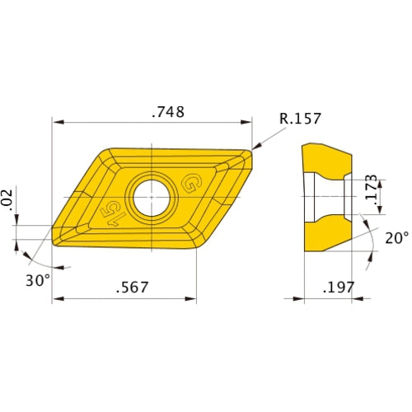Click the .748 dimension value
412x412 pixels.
point(168,112)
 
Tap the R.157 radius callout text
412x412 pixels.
point(300,119)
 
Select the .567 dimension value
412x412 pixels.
point(132,287)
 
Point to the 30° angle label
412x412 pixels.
point(38,280)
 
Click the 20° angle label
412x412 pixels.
point(397,238)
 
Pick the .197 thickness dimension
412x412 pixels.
point(339,288)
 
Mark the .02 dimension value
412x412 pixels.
point(7,200)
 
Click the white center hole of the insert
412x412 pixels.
point(152,198)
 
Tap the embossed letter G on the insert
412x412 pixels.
point(193,183)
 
